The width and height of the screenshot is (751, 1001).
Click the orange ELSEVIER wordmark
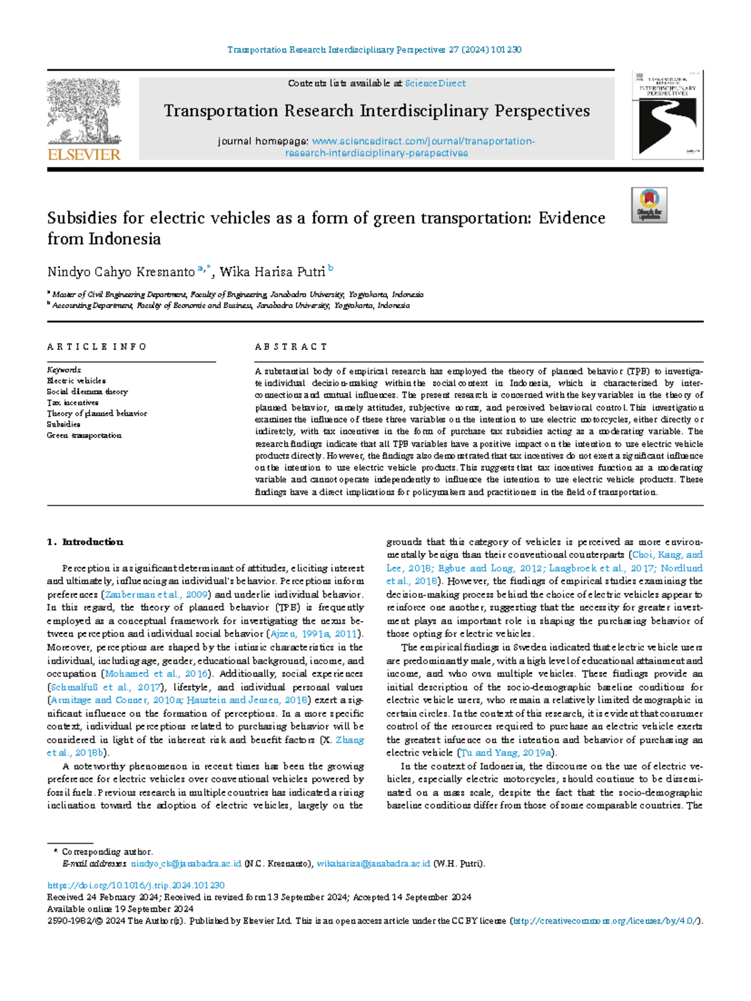point(84,155)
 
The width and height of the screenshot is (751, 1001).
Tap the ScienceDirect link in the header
point(435,83)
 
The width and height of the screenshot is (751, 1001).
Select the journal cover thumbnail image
point(667,115)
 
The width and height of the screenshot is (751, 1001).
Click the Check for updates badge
point(649,205)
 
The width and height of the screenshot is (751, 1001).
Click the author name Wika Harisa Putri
point(272,272)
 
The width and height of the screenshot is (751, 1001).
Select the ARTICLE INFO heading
point(96,347)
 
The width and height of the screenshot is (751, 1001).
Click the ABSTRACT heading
point(291,347)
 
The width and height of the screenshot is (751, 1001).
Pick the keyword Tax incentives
point(73,403)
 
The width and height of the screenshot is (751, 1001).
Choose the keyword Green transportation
point(84,435)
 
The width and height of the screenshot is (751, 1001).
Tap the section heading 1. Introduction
point(85,542)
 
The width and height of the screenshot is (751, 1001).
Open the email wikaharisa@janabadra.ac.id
point(374,864)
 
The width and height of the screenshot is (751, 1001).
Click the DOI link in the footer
point(136,886)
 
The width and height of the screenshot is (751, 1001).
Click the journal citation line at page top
point(374,49)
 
